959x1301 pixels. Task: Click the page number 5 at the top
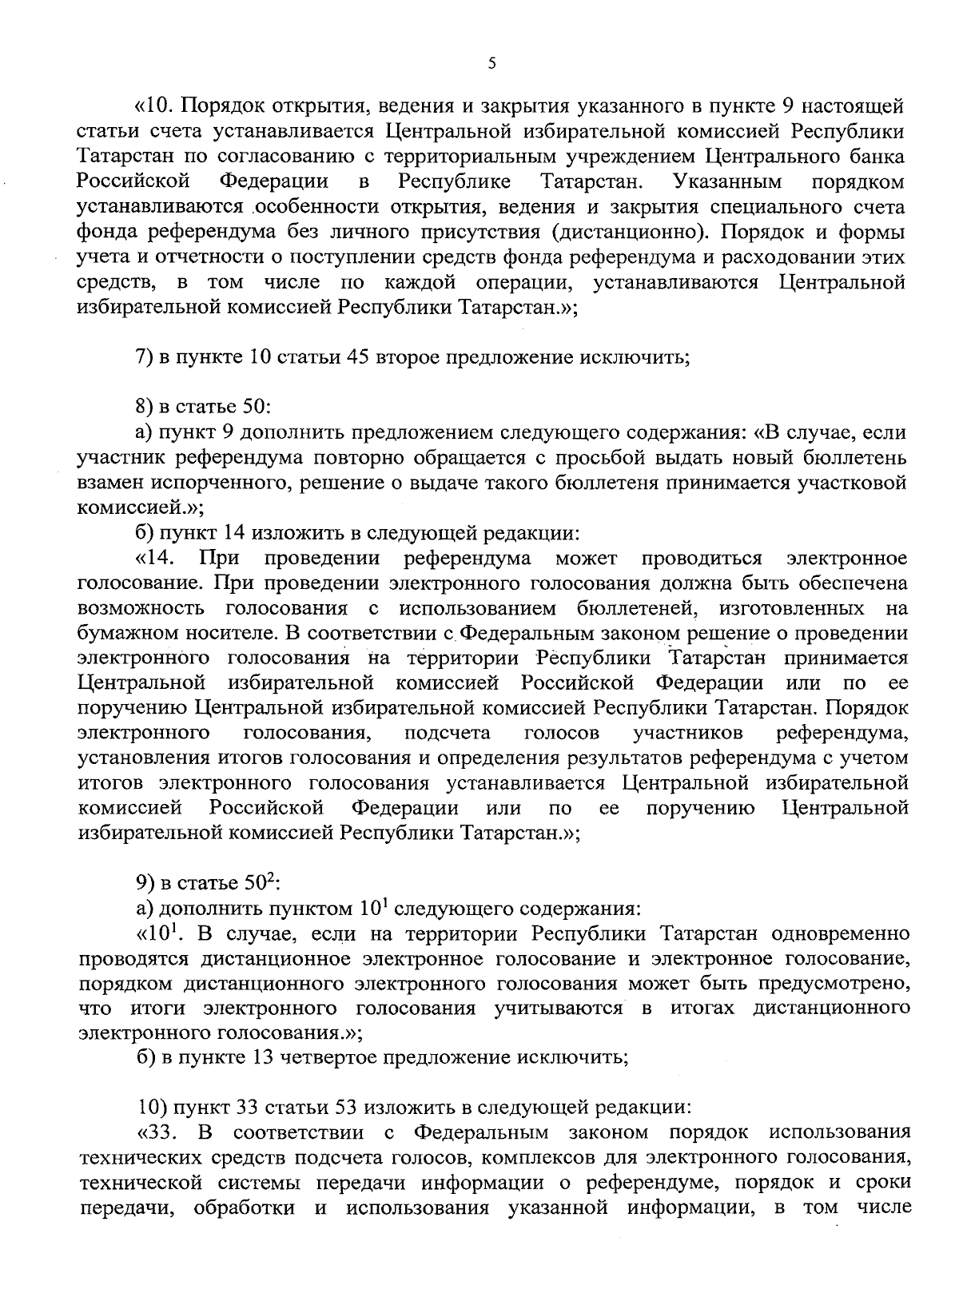click(491, 63)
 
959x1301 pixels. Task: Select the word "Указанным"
click(728, 181)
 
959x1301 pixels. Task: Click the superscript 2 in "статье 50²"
click(272, 878)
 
